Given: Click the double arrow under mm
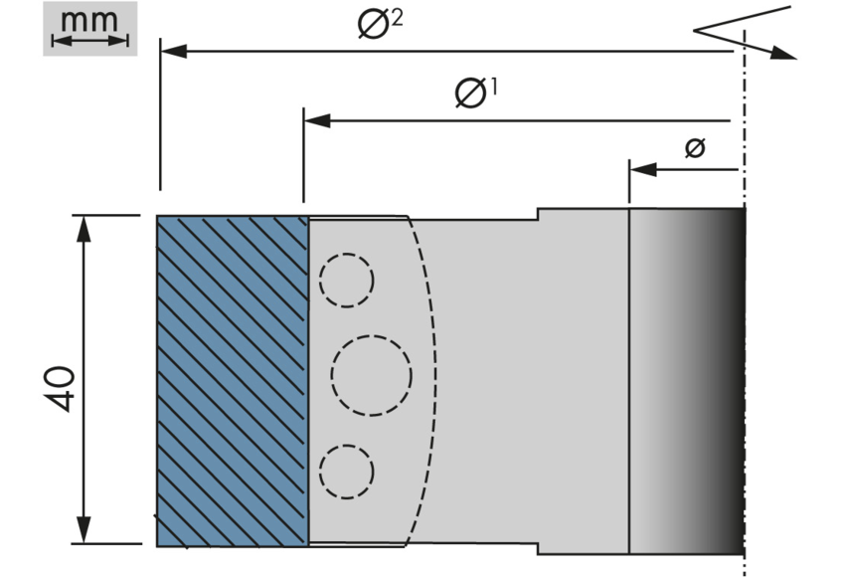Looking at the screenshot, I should [x=89, y=40].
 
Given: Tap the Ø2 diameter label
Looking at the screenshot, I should [x=380, y=24].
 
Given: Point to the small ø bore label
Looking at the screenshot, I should [x=695, y=148].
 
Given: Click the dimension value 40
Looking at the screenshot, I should [x=59, y=388].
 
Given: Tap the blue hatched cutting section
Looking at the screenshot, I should [x=232, y=380].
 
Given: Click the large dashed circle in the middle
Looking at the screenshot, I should [x=371, y=376].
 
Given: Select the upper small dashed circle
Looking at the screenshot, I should [x=347, y=280].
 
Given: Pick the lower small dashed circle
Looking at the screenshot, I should [x=347, y=471].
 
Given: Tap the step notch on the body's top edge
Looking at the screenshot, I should [x=539, y=214].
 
